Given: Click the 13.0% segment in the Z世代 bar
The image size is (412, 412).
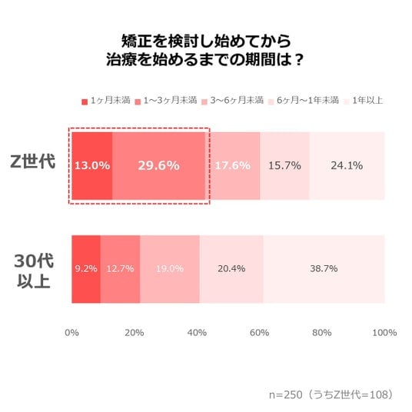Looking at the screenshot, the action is coord(92,166).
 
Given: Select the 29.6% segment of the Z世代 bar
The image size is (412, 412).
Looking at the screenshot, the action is coord(158,166).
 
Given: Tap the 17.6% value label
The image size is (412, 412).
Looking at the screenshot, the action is coord(233,165).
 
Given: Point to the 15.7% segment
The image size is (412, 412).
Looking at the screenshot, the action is coord(285,166).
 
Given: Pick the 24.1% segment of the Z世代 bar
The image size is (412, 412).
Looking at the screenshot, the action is coord(347,166).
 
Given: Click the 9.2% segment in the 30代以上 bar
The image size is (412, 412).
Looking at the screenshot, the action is coord(86,269).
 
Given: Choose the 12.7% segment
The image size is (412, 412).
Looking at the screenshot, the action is coord(120,269).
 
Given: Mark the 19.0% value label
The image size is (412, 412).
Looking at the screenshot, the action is coord(170,268).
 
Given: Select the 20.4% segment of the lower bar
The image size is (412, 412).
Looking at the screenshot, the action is coord(231,269).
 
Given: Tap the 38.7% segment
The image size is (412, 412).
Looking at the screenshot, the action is coord(324,269).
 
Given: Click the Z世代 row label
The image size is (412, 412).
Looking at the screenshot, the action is coord(33,161).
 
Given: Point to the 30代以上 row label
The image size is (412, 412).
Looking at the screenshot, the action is coord(34,271).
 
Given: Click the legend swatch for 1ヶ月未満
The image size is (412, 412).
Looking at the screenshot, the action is coord(85,101).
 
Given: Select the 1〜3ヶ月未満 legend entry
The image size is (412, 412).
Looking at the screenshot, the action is coord(166,101).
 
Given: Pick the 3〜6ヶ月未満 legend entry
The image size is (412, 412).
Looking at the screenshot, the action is coord(233,101).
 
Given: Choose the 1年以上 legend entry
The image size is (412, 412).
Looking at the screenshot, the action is coord(364,101).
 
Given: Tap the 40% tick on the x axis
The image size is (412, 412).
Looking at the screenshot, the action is coord(197,333).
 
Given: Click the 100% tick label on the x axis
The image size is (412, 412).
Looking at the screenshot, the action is coord(384,333).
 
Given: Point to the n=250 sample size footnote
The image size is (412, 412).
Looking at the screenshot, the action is coord(331,394).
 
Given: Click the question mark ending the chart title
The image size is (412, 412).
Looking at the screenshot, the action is coord(298,60).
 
